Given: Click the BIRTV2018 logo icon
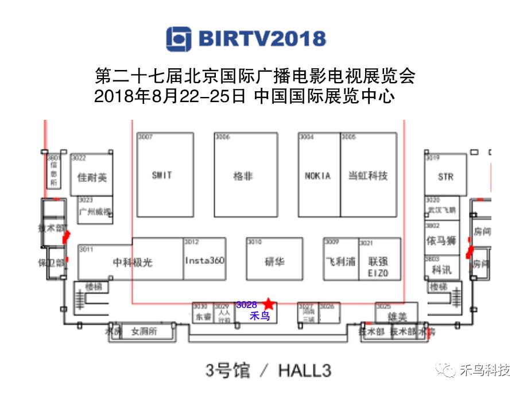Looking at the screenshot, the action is (179, 39).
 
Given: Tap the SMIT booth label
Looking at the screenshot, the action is (162, 175).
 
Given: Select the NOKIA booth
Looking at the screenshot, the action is (317, 176).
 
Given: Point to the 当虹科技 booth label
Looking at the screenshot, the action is (368, 176).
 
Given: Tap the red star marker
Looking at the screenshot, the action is (268, 303).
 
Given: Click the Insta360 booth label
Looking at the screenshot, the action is (204, 260).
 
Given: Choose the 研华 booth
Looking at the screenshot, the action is (274, 262).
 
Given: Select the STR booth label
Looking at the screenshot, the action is (445, 177).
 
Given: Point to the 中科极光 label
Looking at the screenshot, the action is (133, 262).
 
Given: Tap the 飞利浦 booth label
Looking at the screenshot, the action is (341, 261).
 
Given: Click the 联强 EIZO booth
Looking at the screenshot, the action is (378, 266).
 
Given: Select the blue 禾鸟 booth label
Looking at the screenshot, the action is (259, 316).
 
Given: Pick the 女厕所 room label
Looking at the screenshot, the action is (144, 331).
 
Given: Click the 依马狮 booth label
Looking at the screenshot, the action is (441, 241).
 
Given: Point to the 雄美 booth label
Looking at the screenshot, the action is (396, 316).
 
